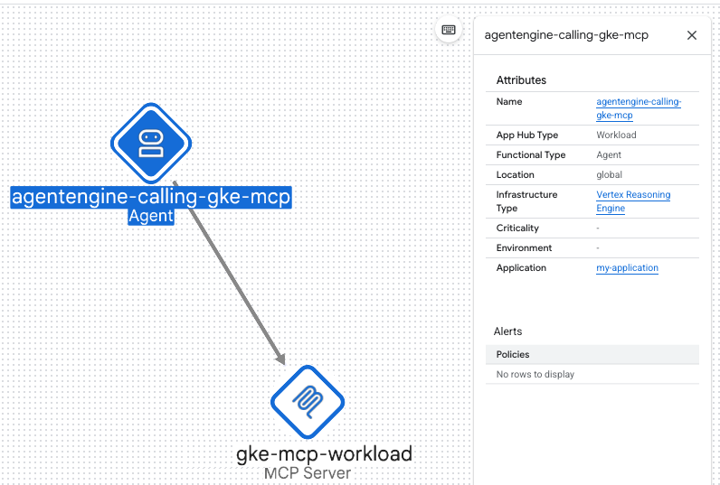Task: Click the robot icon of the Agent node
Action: click(x=151, y=144)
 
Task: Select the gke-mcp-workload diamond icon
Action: click(x=308, y=402)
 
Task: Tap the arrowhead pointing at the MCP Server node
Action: click(x=280, y=359)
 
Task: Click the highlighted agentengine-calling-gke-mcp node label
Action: click(x=151, y=197)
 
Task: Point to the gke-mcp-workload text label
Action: click(x=324, y=453)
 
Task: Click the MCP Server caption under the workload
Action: click(x=308, y=473)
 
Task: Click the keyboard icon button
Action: click(x=449, y=30)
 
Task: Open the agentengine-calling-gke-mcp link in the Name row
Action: click(x=639, y=108)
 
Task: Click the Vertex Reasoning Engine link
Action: click(x=633, y=201)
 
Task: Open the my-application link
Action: click(x=627, y=267)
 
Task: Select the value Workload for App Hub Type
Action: click(x=616, y=135)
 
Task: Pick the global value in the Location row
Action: click(x=609, y=174)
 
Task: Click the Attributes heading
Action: click(x=521, y=80)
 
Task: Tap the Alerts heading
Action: click(x=507, y=331)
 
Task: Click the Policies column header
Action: click(x=513, y=354)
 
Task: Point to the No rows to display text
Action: click(x=535, y=374)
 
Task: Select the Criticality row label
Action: click(x=517, y=228)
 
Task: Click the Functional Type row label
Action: click(x=531, y=155)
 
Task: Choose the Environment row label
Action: click(x=524, y=248)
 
